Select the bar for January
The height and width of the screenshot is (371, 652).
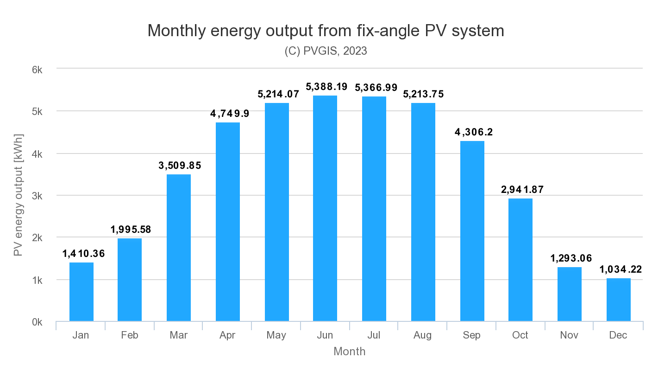coord(81,292)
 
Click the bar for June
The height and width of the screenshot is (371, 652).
coord(325,208)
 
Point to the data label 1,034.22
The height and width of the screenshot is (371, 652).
coord(621,269)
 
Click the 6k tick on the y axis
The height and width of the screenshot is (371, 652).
coord(37,70)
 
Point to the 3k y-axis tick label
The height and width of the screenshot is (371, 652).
coord(37,196)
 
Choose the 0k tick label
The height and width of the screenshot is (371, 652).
coord(37,322)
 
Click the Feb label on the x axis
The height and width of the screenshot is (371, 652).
coord(130,335)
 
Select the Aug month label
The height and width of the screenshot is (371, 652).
coord(423,335)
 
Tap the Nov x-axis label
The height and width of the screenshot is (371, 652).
coord(569,335)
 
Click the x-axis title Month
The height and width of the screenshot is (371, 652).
coord(349,352)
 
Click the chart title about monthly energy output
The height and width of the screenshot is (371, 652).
coord(326,31)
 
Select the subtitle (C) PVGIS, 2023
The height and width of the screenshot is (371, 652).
coord(326,51)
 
